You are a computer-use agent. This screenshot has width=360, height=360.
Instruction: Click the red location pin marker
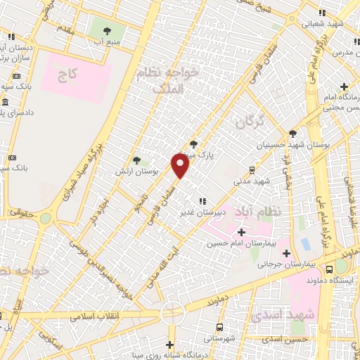pos(181,166)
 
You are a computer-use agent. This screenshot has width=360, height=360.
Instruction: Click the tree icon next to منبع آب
pos(107,31)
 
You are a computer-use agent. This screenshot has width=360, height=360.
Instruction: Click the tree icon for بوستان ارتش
pos(137,160)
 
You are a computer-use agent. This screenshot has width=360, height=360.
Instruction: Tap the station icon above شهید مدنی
pos(252,169)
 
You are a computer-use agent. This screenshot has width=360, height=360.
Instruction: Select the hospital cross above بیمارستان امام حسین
pos(241,232)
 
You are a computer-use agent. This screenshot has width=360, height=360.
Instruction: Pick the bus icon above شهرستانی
pos(221,327)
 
